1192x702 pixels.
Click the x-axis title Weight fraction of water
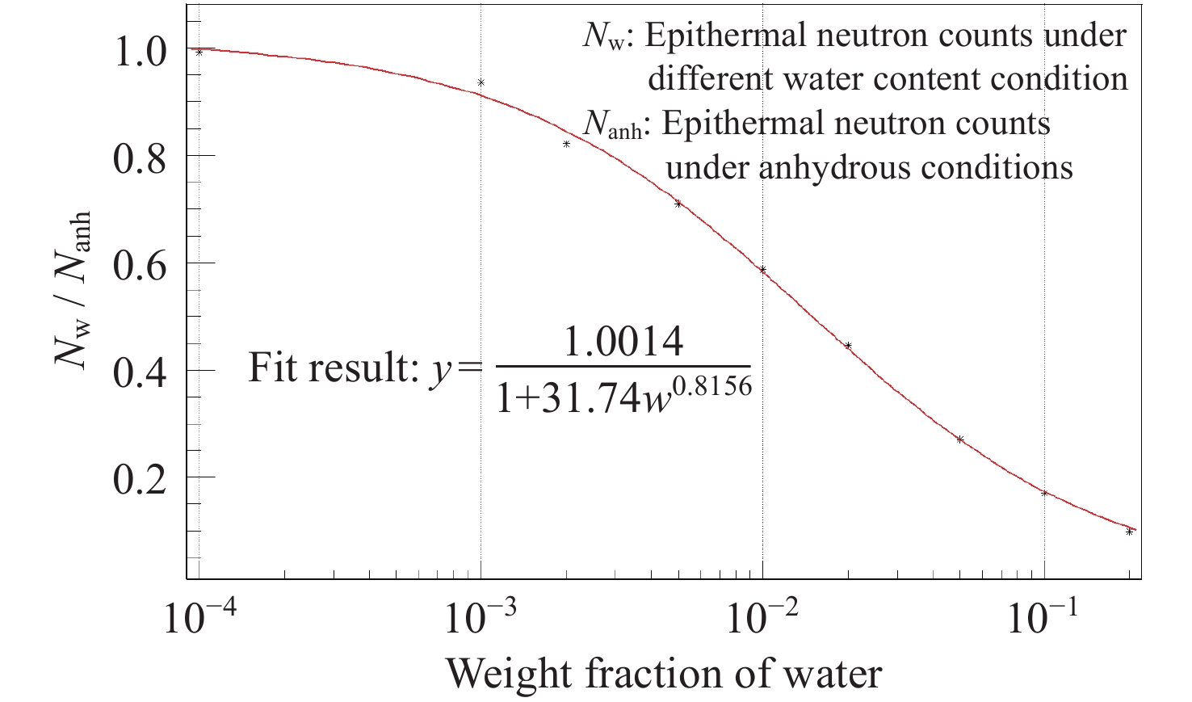pyautogui.click(x=664, y=672)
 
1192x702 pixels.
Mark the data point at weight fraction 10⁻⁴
pyautogui.click(x=199, y=53)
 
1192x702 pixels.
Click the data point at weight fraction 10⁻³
pyautogui.click(x=481, y=82)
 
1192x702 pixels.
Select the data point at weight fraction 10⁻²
pyautogui.click(x=762, y=270)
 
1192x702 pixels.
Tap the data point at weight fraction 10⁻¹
pyautogui.click(x=1044, y=493)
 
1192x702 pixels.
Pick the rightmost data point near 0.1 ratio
pyautogui.click(x=1129, y=532)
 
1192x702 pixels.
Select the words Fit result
pyautogui.click(x=331, y=368)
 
